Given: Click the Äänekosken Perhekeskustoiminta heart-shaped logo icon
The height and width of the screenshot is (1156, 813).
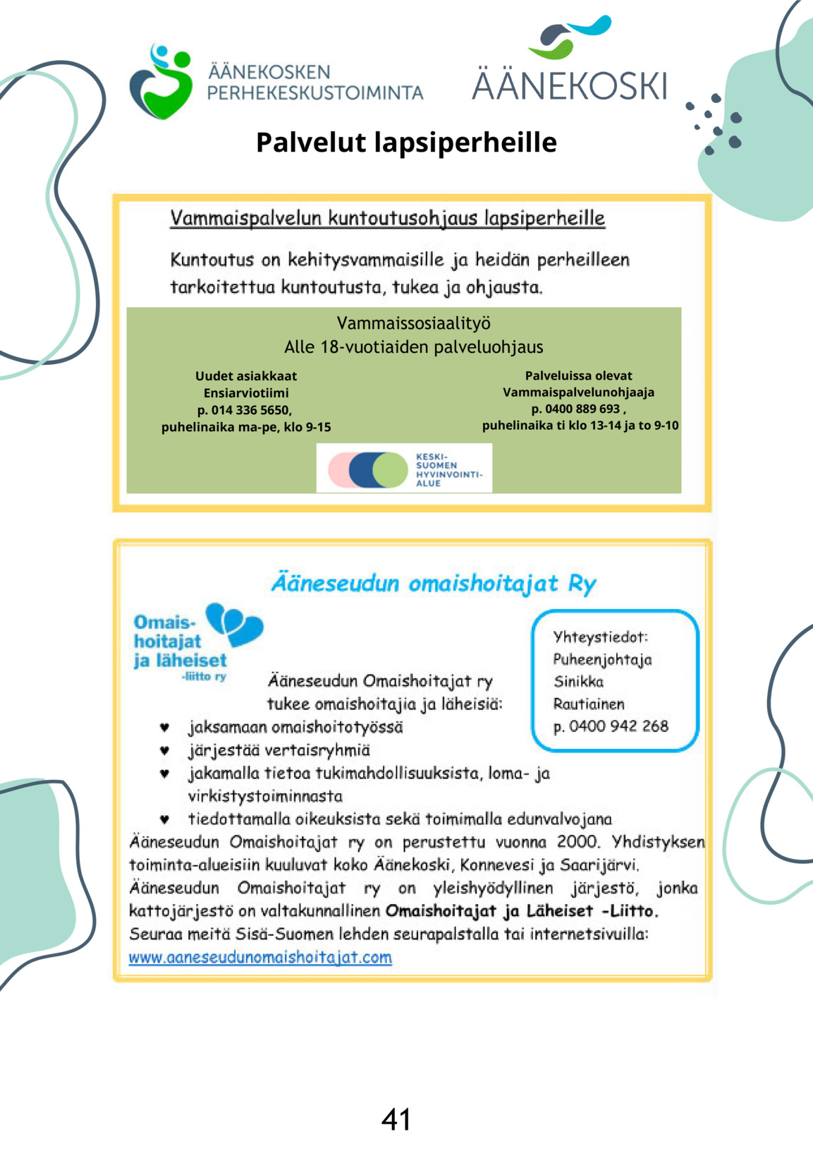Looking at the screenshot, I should [161, 82].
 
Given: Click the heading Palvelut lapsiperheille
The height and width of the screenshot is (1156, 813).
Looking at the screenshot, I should [406, 142].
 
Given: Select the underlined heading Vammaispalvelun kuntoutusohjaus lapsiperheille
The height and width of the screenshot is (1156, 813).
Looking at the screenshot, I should [387, 217].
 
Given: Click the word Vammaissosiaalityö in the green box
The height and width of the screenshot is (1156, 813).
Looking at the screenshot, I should [413, 323].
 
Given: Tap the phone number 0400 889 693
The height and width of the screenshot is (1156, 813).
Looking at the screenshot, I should [582, 409].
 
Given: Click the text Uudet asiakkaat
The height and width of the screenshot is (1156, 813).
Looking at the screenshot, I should [245, 376].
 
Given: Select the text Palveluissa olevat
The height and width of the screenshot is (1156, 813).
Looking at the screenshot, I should [578, 375].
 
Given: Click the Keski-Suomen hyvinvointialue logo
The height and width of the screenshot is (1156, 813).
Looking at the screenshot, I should [404, 469].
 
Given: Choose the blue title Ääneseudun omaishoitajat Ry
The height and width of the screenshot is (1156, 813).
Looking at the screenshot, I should [434, 584].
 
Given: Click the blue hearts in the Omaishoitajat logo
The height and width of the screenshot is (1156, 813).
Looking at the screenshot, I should [234, 624].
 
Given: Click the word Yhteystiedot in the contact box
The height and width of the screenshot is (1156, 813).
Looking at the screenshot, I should [600, 637].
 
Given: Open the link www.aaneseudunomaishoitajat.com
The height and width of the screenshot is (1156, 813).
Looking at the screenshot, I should [260, 958].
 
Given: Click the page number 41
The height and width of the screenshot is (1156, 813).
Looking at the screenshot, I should [396, 1119].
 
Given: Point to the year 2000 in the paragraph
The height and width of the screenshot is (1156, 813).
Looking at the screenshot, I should [577, 842].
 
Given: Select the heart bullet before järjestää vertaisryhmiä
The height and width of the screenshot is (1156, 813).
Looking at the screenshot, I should [164, 750].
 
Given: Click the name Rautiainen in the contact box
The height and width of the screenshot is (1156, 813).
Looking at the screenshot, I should [589, 704].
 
